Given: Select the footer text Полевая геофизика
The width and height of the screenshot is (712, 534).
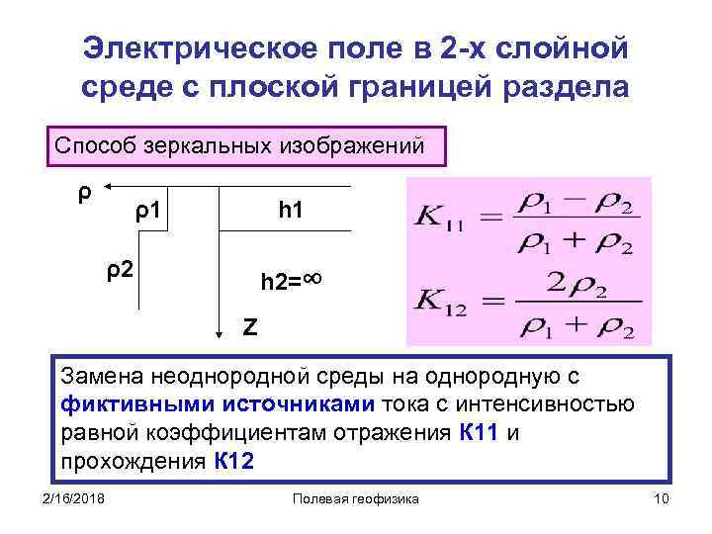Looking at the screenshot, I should [x=357, y=499].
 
